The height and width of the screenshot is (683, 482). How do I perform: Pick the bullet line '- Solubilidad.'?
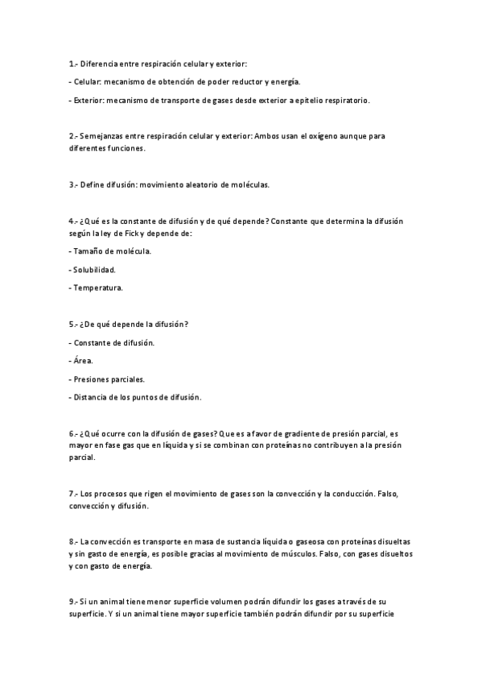(93, 269)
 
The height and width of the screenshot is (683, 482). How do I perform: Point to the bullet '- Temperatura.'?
(96, 288)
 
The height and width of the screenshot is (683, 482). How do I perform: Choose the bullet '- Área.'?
(81, 361)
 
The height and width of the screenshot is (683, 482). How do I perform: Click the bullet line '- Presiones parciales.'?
(107, 379)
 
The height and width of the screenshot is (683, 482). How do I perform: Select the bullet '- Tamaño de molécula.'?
(110, 251)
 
